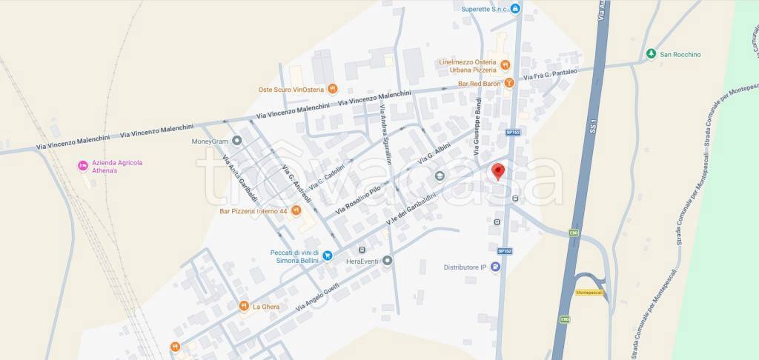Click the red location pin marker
pyautogui.click(x=498, y=171)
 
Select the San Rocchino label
pyautogui.click(x=680, y=54)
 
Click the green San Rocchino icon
pyautogui.click(x=650, y=54)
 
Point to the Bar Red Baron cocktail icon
pyautogui.click(x=509, y=83)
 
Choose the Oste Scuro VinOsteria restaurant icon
pyautogui.click(x=333, y=89)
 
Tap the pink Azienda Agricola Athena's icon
pyautogui.click(x=83, y=165)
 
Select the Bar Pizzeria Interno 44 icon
pyautogui.click(x=296, y=210)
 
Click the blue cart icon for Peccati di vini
pyautogui.click(x=327, y=256)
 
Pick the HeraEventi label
pyautogui.click(x=362, y=261)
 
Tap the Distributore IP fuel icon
pyautogui.click(x=495, y=267)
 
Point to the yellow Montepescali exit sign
pyautogui.click(x=589, y=293)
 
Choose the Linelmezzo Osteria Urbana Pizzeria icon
pyautogui.click(x=504, y=65)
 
